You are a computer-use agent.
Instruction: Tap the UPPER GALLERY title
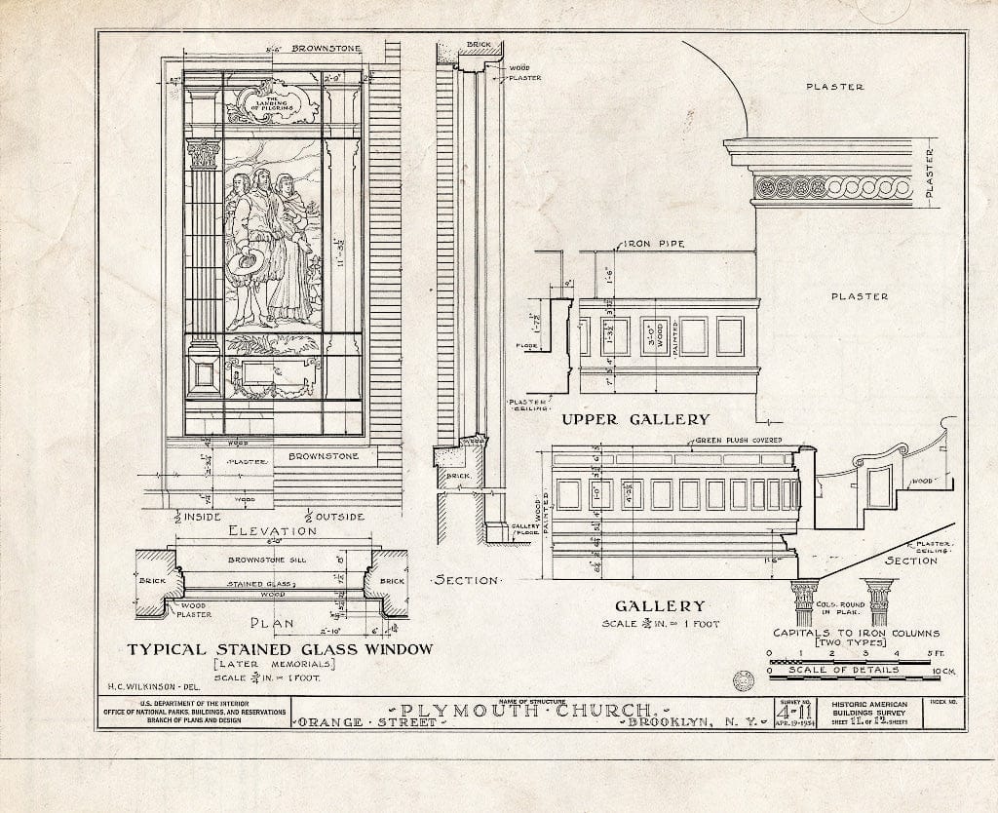click(x=636, y=419)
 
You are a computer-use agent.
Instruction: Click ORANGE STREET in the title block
click(x=369, y=723)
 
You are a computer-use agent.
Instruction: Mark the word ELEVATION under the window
click(x=271, y=531)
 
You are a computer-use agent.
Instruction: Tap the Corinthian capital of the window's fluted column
click(x=204, y=153)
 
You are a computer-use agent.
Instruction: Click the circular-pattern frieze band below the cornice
click(x=833, y=187)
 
